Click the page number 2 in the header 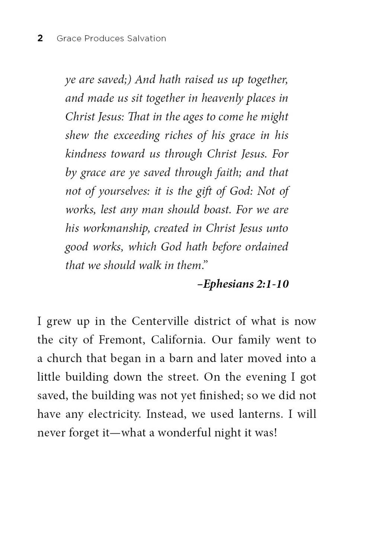(x=40, y=38)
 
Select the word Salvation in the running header (x=146, y=38)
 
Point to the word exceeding (x=137, y=136)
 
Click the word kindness (x=86, y=154)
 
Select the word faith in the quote (x=228, y=173)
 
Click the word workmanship (x=116, y=228)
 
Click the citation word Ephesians (x=228, y=284)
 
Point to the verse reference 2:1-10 (x=272, y=284)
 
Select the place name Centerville (x=160, y=321)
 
